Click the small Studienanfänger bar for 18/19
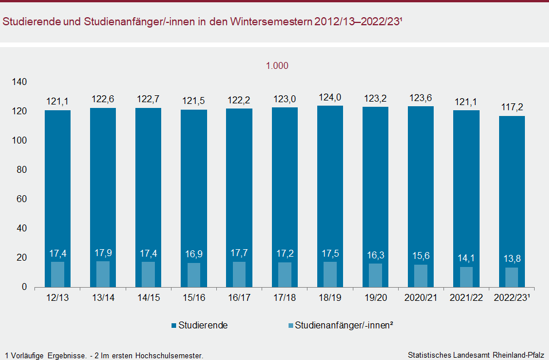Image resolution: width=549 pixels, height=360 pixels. point(330,274)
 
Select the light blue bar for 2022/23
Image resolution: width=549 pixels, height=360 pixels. point(512,277)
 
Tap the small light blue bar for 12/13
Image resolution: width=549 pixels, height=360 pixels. point(57,274)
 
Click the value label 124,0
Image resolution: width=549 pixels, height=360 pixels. point(330,97)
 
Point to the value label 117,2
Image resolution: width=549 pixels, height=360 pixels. point(512,107)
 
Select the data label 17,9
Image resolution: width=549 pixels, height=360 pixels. point(103,252)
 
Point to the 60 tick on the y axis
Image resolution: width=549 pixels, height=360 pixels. point(22,199)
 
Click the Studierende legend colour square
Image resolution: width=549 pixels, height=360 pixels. point(174,326)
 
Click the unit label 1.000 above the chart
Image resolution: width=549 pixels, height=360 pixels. point(277,65)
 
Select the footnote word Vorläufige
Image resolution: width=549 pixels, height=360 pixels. point(28,355)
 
